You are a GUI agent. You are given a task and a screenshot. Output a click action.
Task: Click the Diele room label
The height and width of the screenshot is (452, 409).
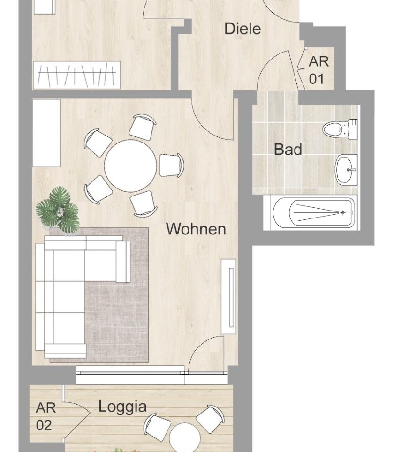(242, 29)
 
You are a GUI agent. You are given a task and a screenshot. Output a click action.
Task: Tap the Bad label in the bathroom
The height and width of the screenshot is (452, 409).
(288, 149)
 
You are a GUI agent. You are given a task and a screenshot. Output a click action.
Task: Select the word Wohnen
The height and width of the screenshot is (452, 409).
(196, 229)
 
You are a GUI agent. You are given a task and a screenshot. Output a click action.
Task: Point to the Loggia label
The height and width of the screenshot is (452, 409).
(122, 407)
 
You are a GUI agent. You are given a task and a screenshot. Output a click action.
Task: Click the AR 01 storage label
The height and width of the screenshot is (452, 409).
(318, 70)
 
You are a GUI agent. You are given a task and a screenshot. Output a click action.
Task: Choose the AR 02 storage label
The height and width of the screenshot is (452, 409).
(45, 416)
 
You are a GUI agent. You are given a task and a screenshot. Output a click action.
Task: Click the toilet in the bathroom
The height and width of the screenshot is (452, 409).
(340, 129)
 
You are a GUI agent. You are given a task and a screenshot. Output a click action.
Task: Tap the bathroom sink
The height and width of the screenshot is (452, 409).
(346, 170)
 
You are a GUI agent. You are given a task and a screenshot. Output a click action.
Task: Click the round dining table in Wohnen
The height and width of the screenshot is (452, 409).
(130, 166)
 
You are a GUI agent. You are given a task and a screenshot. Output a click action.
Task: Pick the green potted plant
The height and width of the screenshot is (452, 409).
(58, 210)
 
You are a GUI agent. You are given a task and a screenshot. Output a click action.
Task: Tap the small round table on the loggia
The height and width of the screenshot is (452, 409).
(185, 438)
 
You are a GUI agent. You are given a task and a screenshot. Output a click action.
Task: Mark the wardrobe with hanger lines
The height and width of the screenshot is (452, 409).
(77, 75)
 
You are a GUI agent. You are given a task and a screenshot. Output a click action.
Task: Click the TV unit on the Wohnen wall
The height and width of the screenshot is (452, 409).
(229, 297)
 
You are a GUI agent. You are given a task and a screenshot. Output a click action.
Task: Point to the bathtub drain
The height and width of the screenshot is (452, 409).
(343, 213)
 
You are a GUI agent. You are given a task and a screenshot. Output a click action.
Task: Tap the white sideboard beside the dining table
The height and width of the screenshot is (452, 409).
(46, 133)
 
